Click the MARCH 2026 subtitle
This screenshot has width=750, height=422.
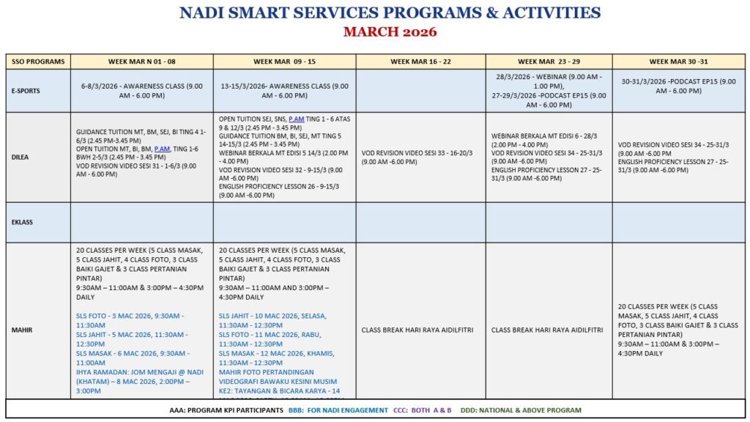point(390,32)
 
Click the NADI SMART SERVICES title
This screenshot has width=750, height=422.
point(390,13)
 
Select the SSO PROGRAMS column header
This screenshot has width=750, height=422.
point(38,62)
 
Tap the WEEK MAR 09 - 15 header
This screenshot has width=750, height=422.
point(285,62)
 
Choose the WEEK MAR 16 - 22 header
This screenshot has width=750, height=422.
point(420,62)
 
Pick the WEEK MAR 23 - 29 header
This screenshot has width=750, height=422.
point(549,62)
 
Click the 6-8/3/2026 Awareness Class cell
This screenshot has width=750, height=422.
point(142,91)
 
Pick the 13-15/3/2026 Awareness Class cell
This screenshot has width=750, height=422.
point(285,91)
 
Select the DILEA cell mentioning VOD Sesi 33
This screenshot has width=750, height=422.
point(420,157)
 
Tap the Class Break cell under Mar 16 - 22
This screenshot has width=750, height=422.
point(420,330)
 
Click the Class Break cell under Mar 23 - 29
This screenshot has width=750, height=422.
point(549,330)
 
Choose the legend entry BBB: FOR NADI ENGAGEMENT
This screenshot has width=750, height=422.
point(338,410)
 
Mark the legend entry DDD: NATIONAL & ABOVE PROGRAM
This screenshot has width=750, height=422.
point(521,410)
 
